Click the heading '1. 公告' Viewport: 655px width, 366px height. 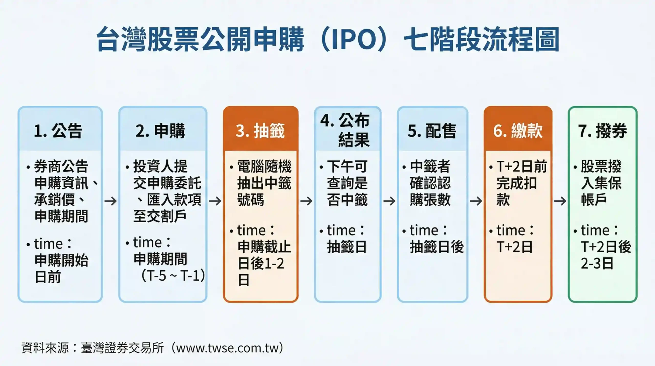tap(58, 131)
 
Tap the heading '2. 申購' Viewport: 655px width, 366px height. tap(160, 131)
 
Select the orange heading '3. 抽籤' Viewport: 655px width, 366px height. tap(260, 131)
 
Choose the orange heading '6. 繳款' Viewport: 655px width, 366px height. tap(518, 131)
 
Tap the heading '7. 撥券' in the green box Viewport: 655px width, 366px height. tap(603, 131)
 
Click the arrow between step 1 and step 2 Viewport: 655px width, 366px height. tap(111, 201)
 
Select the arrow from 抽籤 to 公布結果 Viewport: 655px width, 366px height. tap(306, 201)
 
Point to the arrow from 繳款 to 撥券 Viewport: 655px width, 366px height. tap(560, 201)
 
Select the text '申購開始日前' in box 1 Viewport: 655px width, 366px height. tap(61, 268)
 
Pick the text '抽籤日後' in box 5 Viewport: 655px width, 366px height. tap(436, 247)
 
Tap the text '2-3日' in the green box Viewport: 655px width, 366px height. tap(597, 263)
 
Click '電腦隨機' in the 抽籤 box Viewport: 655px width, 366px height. tap(264, 166)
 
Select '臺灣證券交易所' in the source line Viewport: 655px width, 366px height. tap(122, 348)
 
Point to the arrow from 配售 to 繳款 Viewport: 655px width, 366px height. tap(476, 201)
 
